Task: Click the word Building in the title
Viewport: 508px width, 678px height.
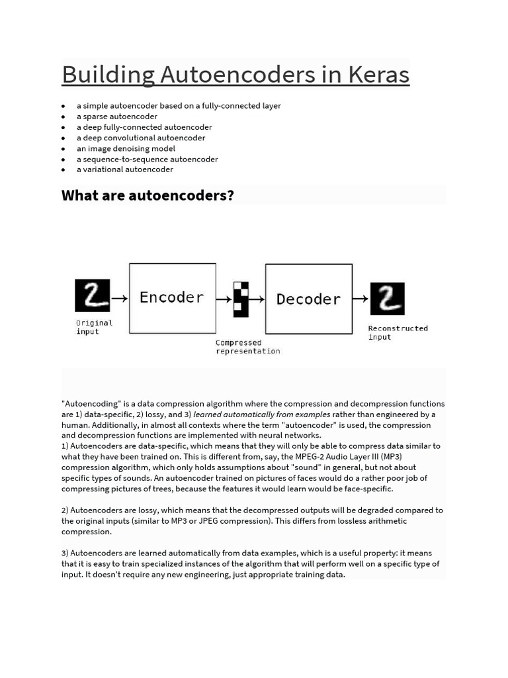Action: coord(108,75)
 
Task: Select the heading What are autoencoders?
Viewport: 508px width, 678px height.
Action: coord(148,196)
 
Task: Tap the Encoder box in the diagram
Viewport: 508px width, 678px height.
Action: coord(172,298)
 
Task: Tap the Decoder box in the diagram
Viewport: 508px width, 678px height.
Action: coord(308,299)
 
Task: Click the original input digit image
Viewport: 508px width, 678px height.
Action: coord(92,295)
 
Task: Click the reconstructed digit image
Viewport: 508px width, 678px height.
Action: coord(387,299)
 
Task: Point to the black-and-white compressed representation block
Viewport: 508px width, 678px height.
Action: coord(241,299)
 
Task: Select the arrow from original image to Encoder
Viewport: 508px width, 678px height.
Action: coord(120,299)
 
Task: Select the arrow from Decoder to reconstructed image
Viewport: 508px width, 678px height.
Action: coord(360,299)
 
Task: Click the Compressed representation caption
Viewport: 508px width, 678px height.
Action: coord(248,347)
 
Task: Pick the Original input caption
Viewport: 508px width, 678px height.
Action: coord(94,327)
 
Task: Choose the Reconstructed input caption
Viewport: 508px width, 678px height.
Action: coord(398,332)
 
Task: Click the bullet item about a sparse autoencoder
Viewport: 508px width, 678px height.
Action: coord(117,117)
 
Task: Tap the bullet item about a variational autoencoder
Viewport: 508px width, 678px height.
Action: coord(125,169)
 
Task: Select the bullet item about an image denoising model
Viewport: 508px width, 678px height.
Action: coord(126,148)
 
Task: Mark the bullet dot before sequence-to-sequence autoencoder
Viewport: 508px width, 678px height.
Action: coord(63,160)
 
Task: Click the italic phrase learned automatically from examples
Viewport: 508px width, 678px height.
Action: coord(262,414)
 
